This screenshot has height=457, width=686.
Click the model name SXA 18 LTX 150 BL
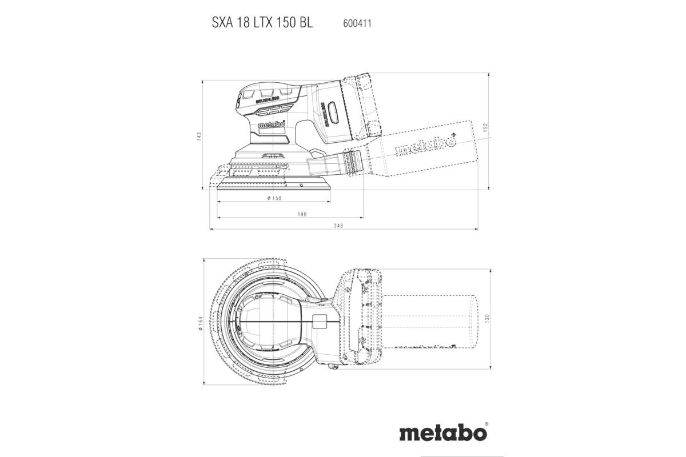263,25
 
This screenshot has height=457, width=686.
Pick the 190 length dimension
302,214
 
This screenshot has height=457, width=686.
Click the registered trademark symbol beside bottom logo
486,424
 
